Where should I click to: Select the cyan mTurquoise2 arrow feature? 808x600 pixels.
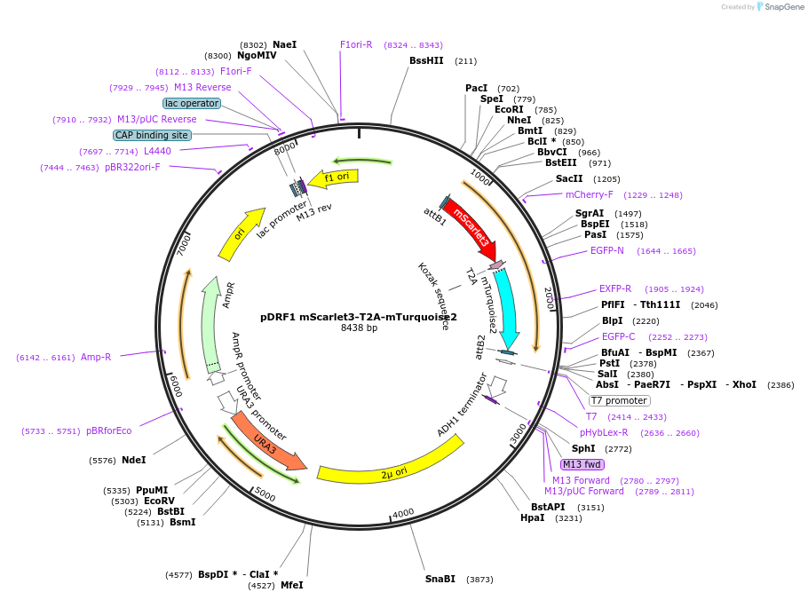[x=506, y=306]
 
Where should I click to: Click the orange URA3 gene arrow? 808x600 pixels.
[x=267, y=440]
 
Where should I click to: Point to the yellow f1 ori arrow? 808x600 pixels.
[x=336, y=178]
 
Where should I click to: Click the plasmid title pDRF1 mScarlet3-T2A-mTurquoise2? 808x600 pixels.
[x=359, y=317]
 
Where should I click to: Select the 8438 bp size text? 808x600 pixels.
[x=359, y=328]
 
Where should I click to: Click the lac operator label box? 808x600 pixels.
[x=191, y=103]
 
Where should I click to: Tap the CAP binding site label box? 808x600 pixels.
[x=152, y=135]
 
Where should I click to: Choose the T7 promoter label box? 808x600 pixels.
[x=619, y=400]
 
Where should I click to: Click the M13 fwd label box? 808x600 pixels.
[x=582, y=464]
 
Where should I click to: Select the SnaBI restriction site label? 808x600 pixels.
[x=440, y=580]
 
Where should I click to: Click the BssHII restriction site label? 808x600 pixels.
[x=426, y=61]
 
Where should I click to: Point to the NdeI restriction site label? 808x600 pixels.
[x=133, y=461]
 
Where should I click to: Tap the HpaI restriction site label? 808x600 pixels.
[x=533, y=518]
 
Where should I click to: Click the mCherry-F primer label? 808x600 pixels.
[x=589, y=195]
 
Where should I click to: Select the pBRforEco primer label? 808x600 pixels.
[x=108, y=431]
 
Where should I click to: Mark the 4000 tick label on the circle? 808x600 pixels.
[x=403, y=514]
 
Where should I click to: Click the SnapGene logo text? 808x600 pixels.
[x=781, y=7]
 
